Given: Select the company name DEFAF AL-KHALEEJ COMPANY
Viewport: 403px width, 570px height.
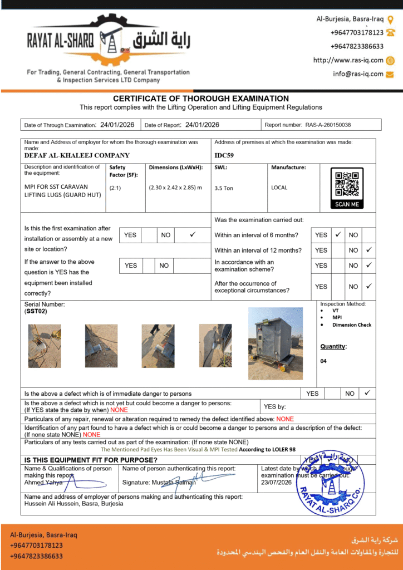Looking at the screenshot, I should pyautogui.click(x=77, y=156).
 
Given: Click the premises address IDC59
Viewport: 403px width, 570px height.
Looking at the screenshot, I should pyautogui.click(x=224, y=156).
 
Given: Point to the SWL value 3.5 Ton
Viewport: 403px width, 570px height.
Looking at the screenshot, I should pyautogui.click(x=224, y=188).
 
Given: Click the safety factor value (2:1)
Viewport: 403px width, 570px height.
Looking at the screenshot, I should pyautogui.click(x=116, y=188).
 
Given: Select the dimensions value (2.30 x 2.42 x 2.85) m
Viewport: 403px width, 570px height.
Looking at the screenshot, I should pyautogui.click(x=175, y=188).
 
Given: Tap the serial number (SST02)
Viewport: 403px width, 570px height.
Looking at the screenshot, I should pyautogui.click(x=36, y=312).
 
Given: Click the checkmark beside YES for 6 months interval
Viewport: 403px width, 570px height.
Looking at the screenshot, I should pyautogui.click(x=338, y=235).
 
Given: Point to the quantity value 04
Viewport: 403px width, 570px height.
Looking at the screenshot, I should pyautogui.click(x=324, y=361).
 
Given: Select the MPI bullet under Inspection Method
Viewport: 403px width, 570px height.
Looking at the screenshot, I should pyautogui.click(x=337, y=317).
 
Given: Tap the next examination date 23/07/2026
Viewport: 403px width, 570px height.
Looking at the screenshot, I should pyautogui.click(x=277, y=483).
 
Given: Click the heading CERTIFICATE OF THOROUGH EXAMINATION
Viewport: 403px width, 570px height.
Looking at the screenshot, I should pyautogui.click(x=201, y=99).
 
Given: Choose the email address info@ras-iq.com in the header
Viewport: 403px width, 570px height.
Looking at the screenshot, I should pyautogui.click(x=358, y=74).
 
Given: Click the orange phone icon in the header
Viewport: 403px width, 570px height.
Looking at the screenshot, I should pyautogui.click(x=390, y=33).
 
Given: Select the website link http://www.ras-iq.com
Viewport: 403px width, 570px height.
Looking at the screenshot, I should pyautogui.click(x=348, y=60).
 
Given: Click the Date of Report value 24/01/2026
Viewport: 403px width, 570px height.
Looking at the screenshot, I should pyautogui.click(x=202, y=125).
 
